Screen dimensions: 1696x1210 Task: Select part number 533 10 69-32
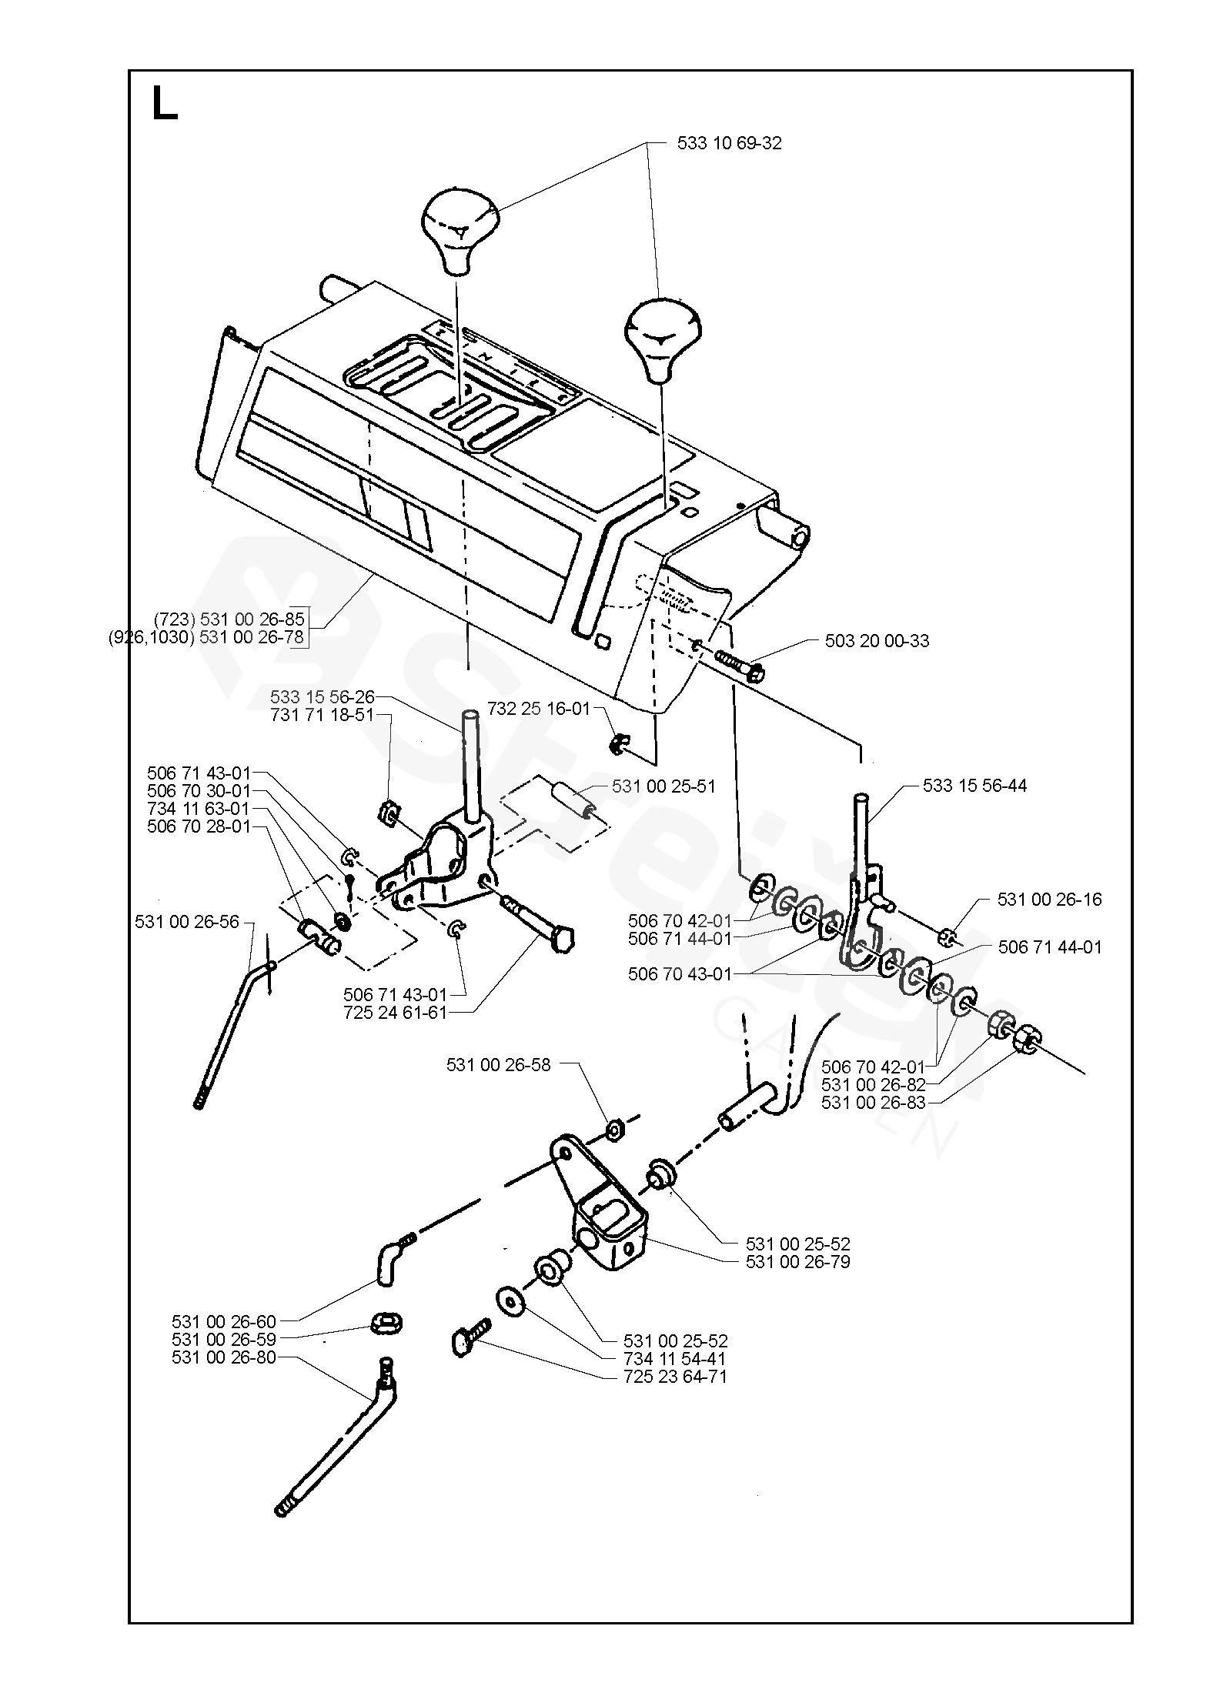[x=729, y=143]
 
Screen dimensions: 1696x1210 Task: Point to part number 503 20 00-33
[x=877, y=641]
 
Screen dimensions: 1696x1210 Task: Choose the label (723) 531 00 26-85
[x=229, y=619]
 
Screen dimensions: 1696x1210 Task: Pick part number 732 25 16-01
[x=538, y=709]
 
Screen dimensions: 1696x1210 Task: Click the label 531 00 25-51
[x=663, y=786]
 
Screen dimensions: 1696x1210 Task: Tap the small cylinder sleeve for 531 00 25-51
[x=571, y=800]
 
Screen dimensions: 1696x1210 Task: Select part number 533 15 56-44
[x=974, y=786]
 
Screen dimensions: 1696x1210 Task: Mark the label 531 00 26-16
[x=1049, y=899]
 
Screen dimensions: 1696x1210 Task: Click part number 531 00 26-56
[x=187, y=921]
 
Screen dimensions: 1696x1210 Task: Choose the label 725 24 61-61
[x=396, y=1013]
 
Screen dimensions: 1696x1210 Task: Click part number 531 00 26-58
[x=498, y=1065]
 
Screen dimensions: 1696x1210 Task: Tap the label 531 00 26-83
[x=874, y=1103]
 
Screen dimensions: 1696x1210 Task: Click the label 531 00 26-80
[x=224, y=1357]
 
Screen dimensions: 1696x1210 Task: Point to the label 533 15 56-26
[x=322, y=697]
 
